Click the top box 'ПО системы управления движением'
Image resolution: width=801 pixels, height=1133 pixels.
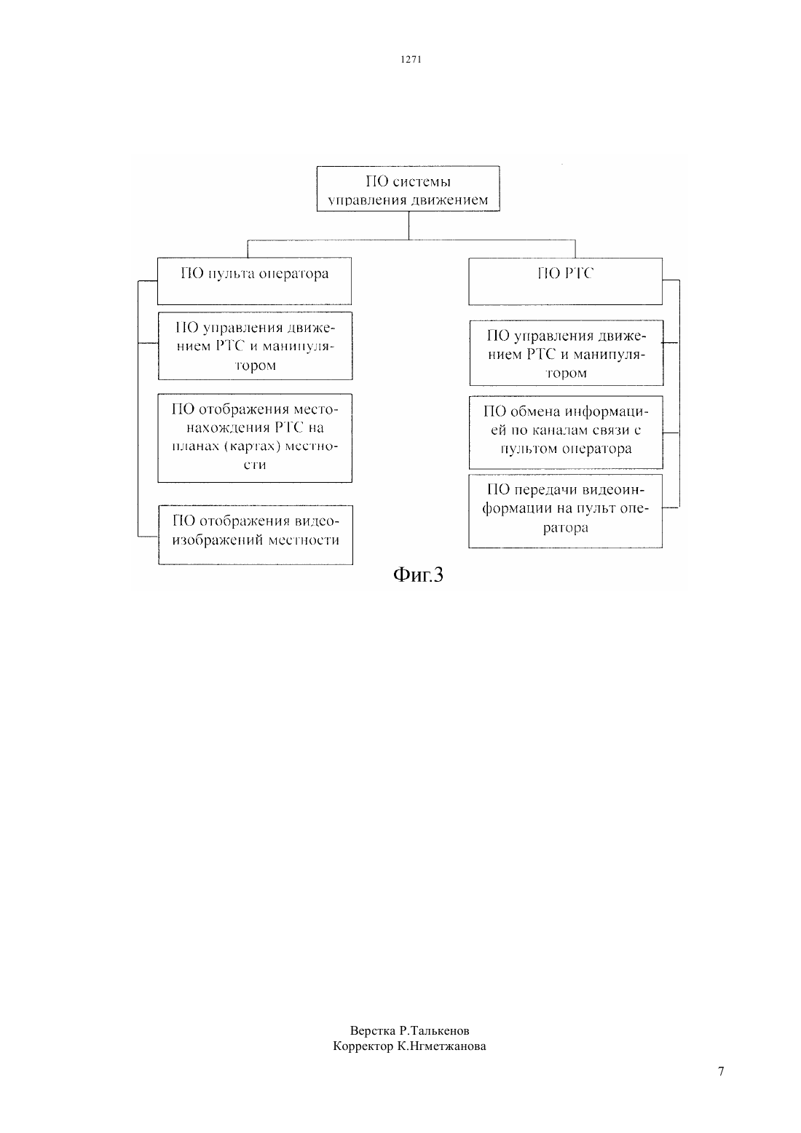point(408,189)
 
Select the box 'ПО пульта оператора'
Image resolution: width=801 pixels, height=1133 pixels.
point(254,281)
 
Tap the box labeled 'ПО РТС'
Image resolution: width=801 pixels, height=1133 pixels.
point(565,281)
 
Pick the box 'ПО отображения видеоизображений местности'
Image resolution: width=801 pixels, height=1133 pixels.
point(256,534)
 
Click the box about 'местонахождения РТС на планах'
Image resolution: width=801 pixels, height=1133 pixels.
point(255,438)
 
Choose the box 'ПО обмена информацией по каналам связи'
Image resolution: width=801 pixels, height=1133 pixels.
point(566,433)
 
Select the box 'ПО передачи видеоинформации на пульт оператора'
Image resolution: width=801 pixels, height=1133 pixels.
point(565,511)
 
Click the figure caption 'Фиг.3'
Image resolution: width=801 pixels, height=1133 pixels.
point(418,575)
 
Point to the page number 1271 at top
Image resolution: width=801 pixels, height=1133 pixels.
point(411,60)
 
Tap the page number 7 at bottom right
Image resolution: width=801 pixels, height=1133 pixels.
point(721,1071)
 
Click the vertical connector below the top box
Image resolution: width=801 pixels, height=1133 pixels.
point(409,226)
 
